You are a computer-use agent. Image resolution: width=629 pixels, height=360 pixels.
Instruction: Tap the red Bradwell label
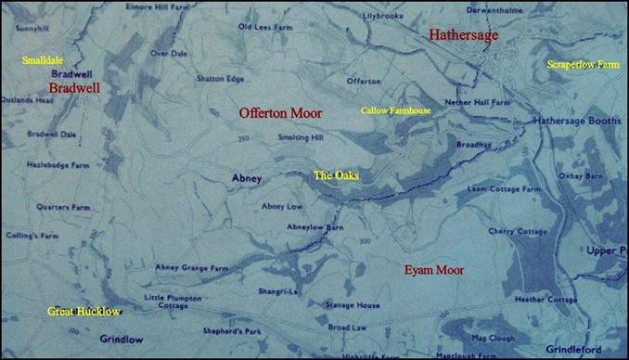73,87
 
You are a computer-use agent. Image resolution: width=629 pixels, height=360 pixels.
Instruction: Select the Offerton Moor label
280,112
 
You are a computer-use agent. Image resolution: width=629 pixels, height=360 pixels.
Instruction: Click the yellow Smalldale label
43,60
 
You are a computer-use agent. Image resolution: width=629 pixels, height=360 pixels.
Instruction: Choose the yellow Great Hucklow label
83,312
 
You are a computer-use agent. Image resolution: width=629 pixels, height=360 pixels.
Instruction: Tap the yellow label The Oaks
336,174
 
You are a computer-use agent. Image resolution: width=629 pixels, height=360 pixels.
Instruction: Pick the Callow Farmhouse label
395,110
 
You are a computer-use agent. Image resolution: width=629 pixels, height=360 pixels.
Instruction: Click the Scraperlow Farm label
583,65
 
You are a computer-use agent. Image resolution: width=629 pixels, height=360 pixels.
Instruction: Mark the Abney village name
248,178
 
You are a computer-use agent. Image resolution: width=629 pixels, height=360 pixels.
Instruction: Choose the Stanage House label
353,304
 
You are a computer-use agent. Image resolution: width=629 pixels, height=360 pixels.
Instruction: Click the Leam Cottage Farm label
504,188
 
